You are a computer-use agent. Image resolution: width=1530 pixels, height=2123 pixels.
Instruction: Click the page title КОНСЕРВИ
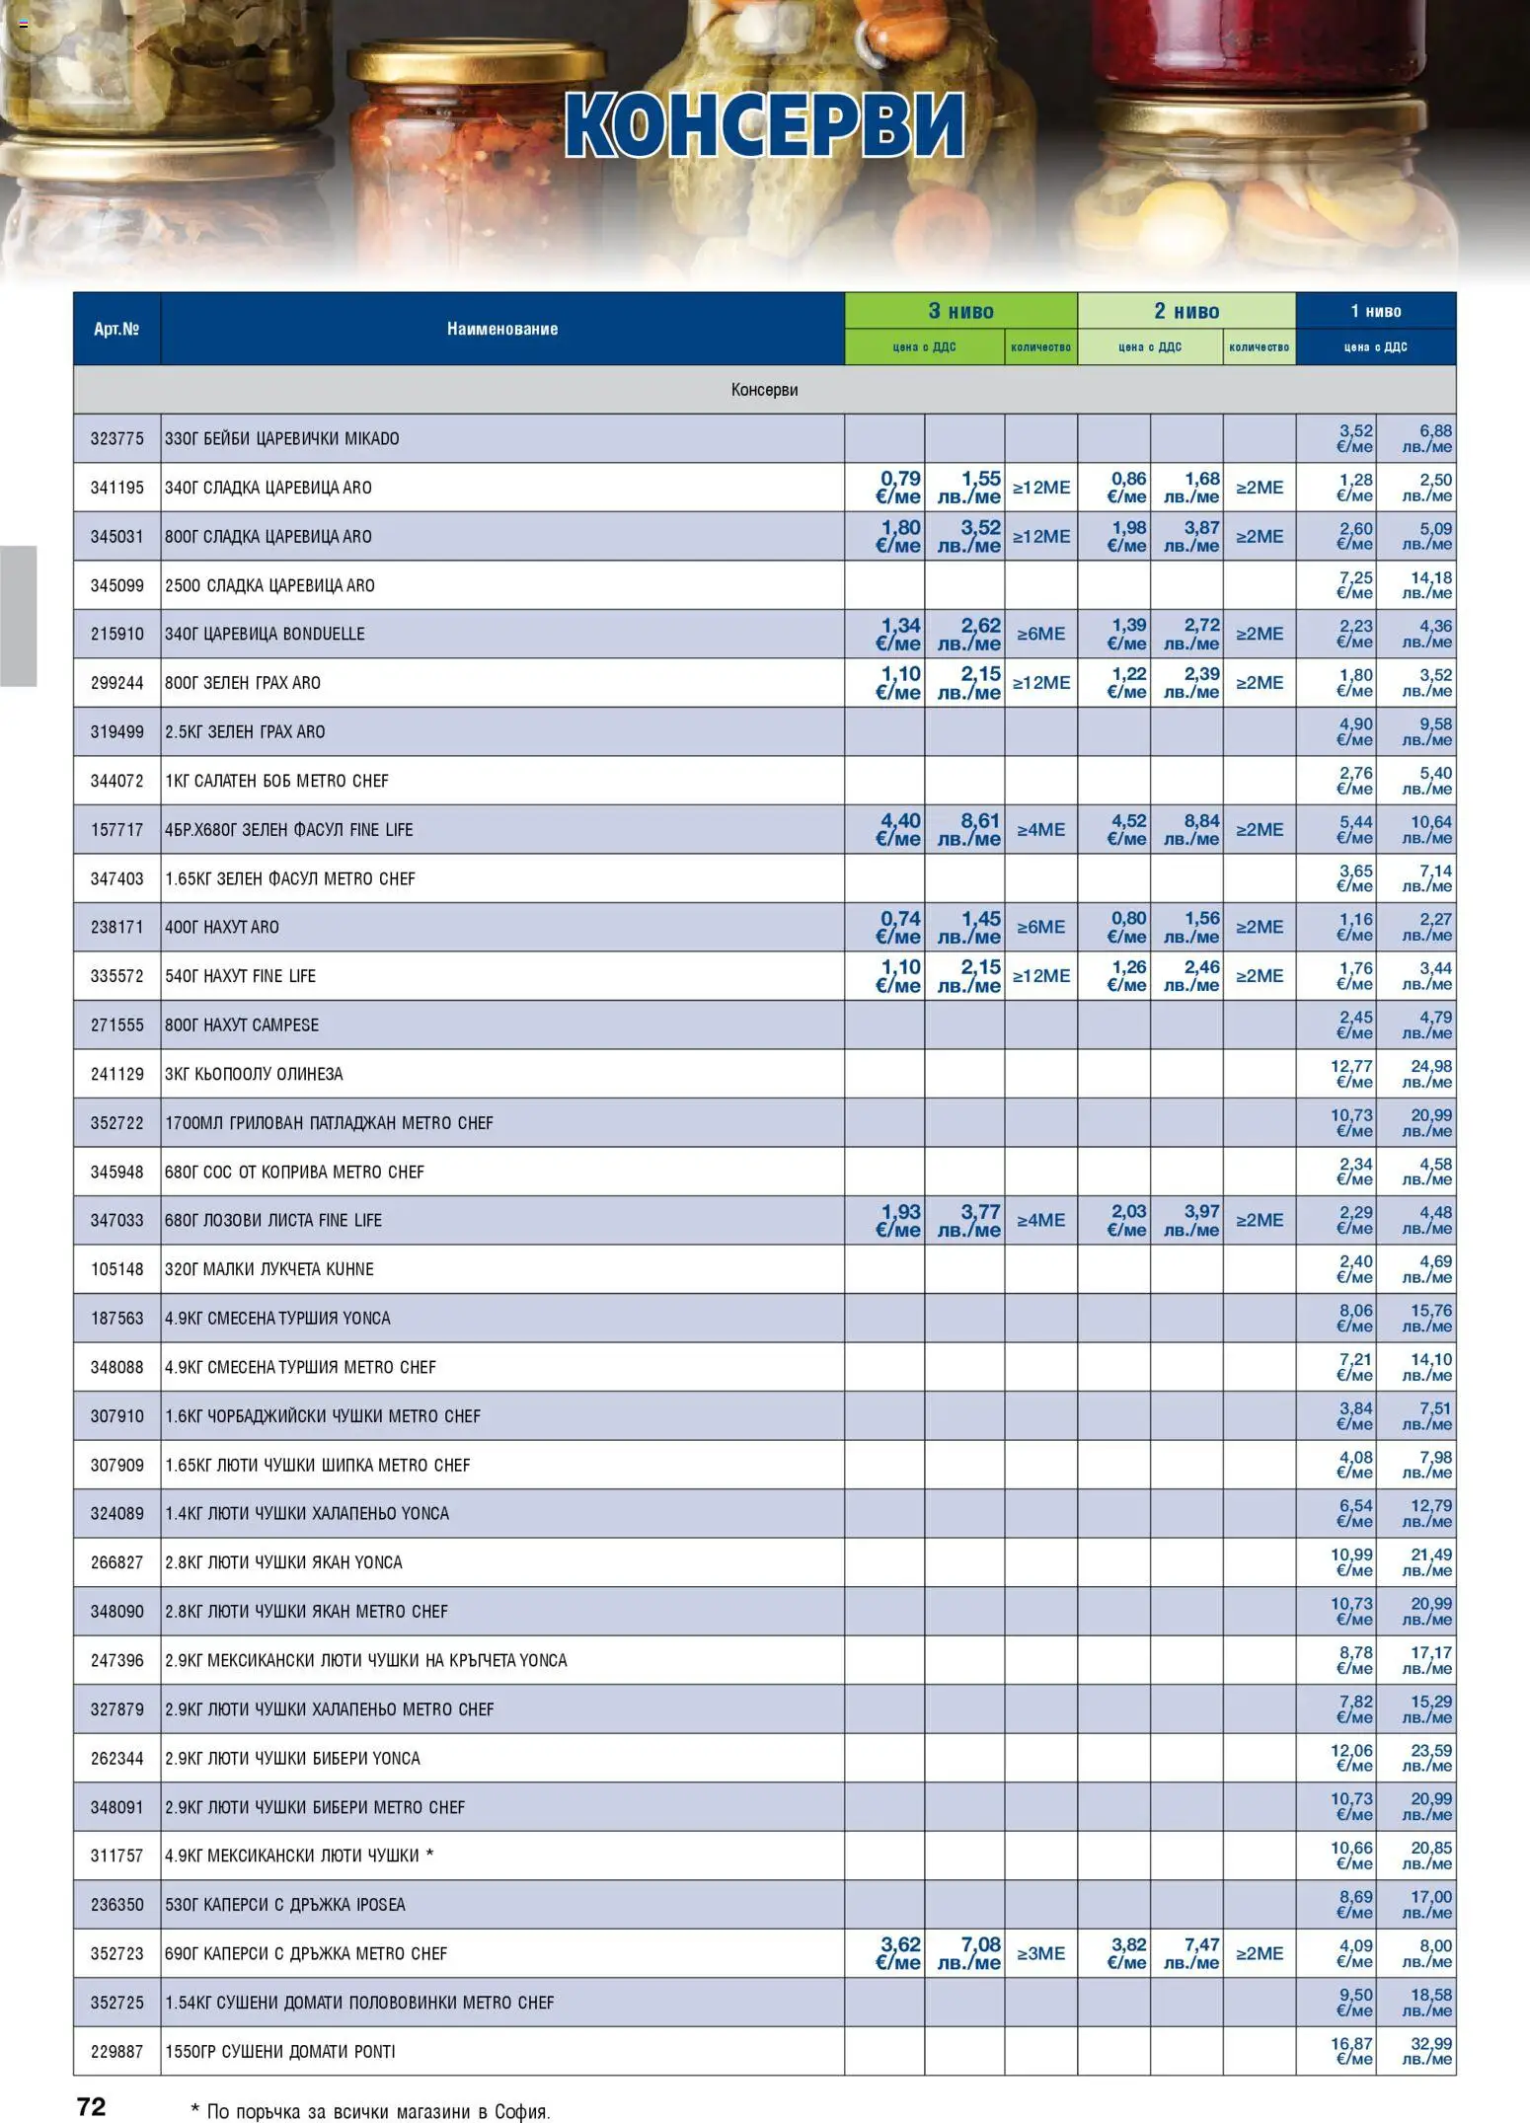click(764, 125)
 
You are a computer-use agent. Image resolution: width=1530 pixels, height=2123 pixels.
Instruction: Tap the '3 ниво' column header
click(960, 311)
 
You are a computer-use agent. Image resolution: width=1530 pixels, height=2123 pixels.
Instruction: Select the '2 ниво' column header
click(1186, 311)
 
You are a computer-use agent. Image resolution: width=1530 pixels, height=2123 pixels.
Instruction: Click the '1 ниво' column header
click(1375, 311)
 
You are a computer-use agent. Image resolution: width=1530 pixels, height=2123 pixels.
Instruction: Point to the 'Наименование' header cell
click(501, 329)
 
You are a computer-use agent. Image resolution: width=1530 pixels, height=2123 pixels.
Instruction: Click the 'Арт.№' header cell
click(116, 329)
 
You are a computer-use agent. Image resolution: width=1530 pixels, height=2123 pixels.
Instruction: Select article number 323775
click(116, 438)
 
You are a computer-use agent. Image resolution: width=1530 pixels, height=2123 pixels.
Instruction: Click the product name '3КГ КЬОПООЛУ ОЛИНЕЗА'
click(254, 1074)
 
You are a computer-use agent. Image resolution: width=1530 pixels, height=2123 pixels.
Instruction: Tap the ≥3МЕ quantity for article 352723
click(1040, 1953)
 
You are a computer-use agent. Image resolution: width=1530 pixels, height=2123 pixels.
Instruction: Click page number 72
click(91, 2106)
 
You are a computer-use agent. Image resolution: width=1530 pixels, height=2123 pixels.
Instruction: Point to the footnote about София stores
click(370, 2111)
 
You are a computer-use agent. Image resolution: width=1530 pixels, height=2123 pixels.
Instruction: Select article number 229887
click(116, 2051)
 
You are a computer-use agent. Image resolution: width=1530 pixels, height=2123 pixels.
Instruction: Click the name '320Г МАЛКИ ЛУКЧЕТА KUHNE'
click(268, 1269)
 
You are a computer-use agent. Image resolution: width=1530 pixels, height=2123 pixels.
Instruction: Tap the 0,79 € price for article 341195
click(897, 487)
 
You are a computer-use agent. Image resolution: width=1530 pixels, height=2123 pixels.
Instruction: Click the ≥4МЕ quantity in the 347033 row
click(1040, 1220)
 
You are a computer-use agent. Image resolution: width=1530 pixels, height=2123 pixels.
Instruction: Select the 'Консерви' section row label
click(764, 390)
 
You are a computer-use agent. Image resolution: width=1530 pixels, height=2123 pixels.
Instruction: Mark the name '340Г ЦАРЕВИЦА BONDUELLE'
click(265, 634)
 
